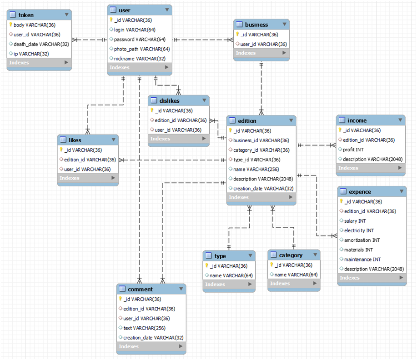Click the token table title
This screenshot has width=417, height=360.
(x=26, y=15)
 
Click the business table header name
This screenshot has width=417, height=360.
(x=256, y=25)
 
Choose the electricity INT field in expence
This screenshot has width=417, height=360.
(x=359, y=230)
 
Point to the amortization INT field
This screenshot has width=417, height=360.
(x=362, y=240)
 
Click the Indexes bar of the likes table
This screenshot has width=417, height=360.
(x=88, y=178)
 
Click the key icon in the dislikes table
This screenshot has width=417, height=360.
(x=152, y=110)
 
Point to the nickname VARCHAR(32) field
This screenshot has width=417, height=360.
(x=140, y=59)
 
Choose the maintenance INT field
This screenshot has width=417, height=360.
(x=362, y=260)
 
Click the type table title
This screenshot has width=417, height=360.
(x=220, y=256)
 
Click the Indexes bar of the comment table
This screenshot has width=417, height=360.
(x=151, y=346)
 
